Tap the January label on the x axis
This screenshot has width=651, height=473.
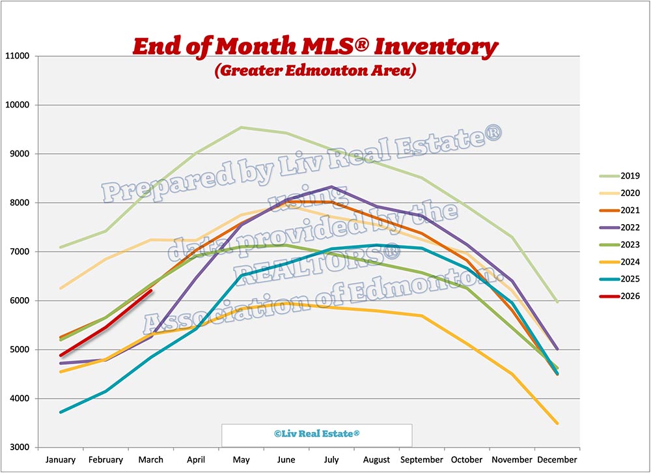61,460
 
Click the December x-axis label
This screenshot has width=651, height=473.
556,460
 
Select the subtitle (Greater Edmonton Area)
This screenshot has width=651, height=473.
315,69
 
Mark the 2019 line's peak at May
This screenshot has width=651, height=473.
241,128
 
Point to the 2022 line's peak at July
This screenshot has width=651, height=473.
331,187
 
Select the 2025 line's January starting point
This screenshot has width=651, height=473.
61,412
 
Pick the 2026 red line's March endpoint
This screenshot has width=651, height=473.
151,291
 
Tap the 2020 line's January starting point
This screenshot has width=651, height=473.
61,288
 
